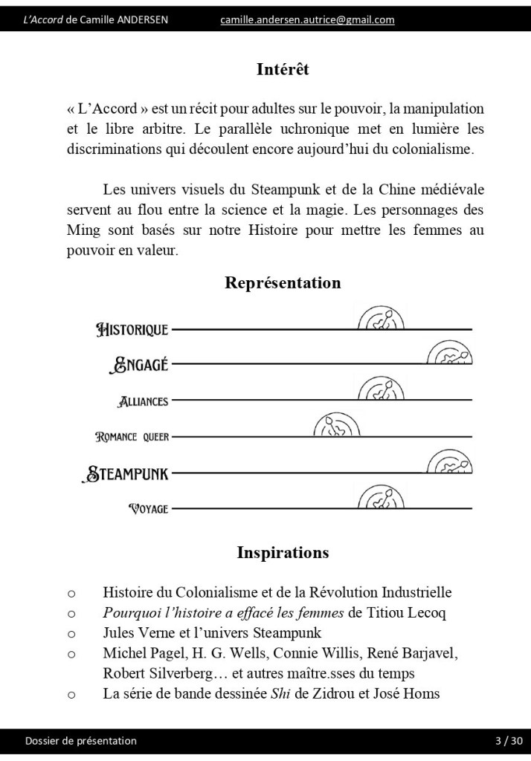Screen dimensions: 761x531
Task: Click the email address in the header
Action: [x=307, y=20]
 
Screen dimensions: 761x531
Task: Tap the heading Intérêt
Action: [x=283, y=70]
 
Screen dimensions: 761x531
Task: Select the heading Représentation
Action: [x=283, y=283]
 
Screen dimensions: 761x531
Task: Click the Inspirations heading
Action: [x=283, y=553]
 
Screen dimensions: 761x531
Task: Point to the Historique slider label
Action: [x=133, y=329]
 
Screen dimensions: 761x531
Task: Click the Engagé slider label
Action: [x=139, y=364]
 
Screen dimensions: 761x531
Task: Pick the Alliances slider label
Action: [x=144, y=401]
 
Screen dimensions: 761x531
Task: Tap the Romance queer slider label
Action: [x=132, y=437]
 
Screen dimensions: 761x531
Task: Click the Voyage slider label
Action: [x=149, y=509]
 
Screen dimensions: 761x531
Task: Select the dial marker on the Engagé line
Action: [x=450, y=353]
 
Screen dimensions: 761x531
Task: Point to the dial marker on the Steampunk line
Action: [x=450, y=462]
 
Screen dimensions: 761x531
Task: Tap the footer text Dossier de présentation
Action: [x=81, y=741]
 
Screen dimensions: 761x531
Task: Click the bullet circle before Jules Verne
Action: [x=71, y=634]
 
